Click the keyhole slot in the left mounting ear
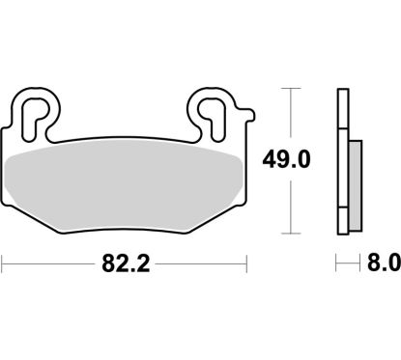point(37,111)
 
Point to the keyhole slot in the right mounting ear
point(215,111)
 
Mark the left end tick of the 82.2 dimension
point(4,262)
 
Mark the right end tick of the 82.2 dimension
point(250,262)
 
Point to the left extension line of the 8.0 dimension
point(337,262)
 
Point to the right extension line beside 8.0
point(358,262)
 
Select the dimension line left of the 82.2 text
point(48,262)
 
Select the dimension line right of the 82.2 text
point(203,262)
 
